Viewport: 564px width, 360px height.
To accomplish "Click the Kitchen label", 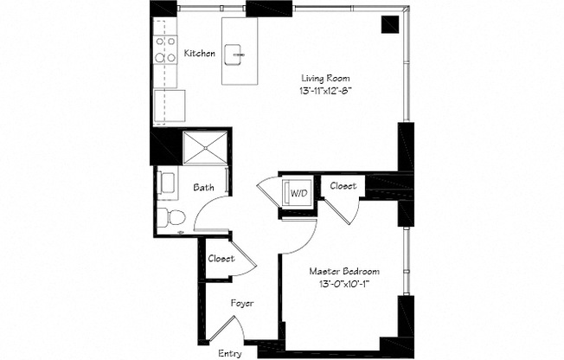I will point(199,54).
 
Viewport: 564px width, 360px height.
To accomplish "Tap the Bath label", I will point(203,187).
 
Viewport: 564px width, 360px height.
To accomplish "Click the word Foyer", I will point(241,304).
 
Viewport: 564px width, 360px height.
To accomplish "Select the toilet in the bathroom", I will point(173,215).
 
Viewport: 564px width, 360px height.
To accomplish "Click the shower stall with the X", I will point(205,147).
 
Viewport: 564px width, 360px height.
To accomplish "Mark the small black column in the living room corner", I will point(388,23).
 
